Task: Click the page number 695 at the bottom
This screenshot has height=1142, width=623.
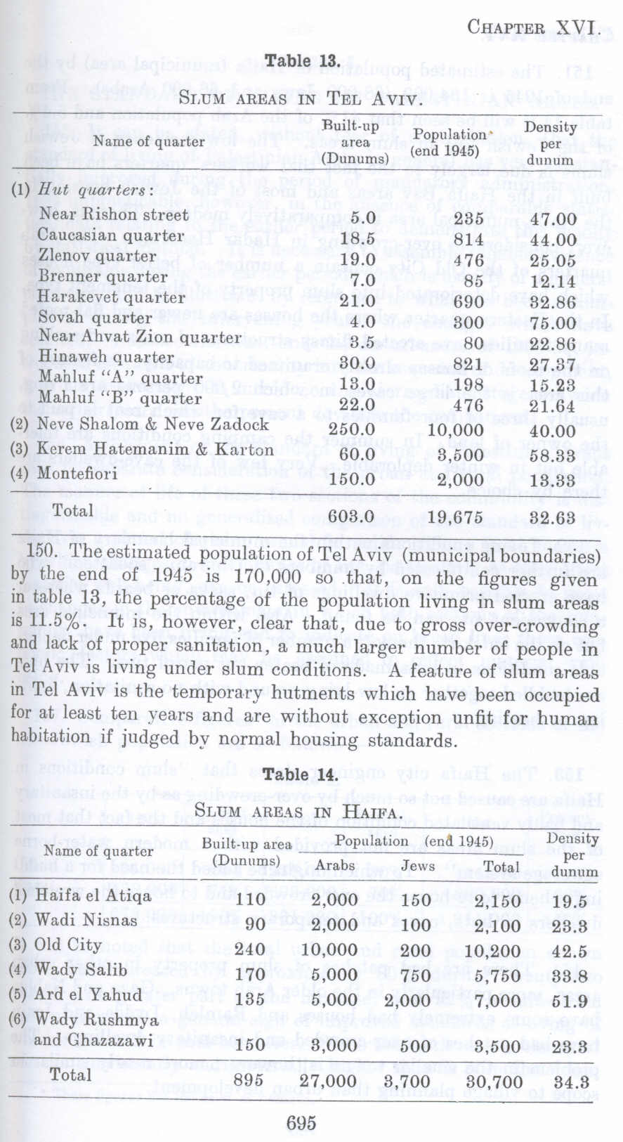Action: click(301, 1122)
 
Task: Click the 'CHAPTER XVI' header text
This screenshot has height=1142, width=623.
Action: click(532, 27)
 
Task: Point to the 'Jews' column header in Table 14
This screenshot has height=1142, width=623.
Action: click(419, 866)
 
